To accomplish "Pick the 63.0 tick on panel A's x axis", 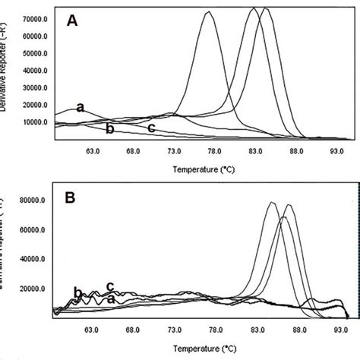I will tap(93, 150).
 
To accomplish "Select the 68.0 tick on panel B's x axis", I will tap(134, 330).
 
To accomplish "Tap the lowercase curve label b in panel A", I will tap(109, 129).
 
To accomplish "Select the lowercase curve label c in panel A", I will tap(151, 128).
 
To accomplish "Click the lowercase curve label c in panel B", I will tap(110, 286).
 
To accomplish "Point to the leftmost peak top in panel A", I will tap(208, 12).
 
